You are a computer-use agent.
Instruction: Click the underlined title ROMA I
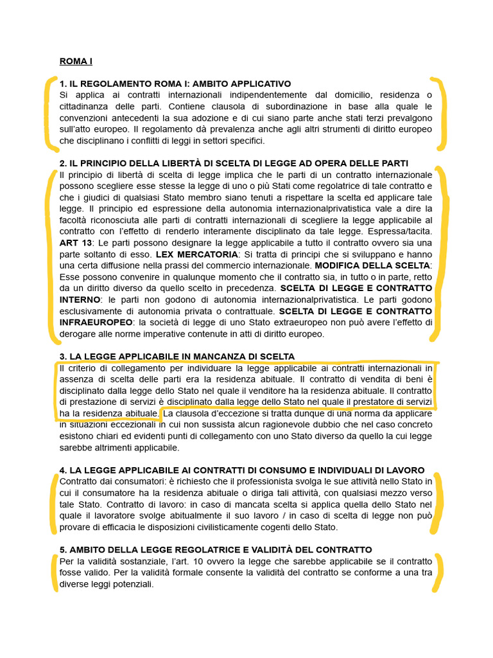click(x=76, y=62)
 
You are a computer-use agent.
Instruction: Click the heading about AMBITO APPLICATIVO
click(x=175, y=84)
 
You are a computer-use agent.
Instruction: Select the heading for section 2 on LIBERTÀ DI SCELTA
click(x=233, y=164)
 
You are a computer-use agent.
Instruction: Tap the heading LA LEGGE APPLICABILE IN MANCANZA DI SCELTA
click(x=177, y=357)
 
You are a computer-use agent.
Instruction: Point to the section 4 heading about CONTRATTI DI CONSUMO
click(x=241, y=470)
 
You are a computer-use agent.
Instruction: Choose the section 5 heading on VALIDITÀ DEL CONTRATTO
click(x=215, y=550)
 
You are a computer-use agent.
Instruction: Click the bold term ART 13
click(x=73, y=243)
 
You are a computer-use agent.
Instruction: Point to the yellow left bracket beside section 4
click(x=53, y=502)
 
